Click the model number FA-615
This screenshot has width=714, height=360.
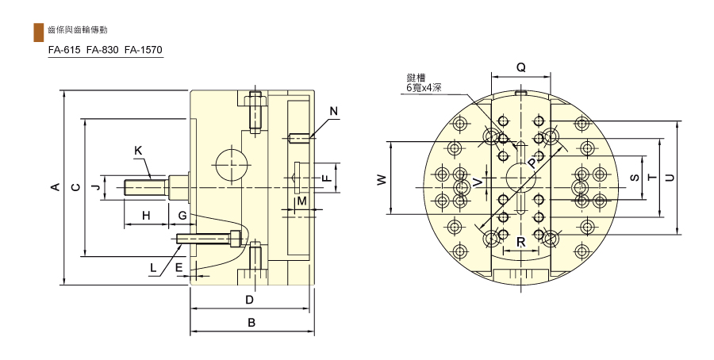64,50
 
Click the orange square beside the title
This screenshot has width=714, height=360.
39,32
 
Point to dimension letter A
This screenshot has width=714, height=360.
55,186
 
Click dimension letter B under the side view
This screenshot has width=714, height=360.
251,323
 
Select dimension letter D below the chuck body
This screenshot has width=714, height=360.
250,300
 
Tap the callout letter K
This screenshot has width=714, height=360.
139,151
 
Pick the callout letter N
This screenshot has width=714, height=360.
334,111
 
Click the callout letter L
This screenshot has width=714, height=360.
153,268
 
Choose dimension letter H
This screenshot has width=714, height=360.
146,215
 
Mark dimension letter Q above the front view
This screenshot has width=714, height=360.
521,68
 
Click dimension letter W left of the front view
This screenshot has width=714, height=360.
382,179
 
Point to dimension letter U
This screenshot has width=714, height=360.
670,178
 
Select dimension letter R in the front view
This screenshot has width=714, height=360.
521,242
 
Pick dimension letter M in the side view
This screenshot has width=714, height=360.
302,201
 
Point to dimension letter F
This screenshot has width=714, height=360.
327,178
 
